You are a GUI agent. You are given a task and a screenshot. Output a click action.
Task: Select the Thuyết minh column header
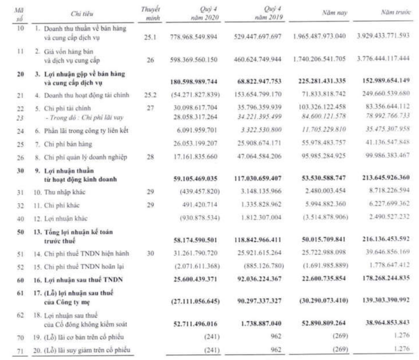click(x=152, y=12)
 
